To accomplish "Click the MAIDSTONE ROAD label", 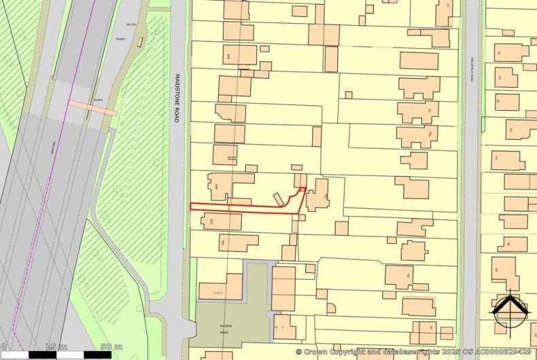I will [175, 98].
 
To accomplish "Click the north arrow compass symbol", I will [510, 310].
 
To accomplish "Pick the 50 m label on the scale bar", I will [106, 348].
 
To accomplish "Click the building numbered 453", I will [221, 221].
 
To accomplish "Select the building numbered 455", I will [237, 242].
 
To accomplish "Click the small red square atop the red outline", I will [303, 190].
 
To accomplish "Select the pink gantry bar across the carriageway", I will [92, 107].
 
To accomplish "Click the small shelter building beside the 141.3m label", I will [140, 41].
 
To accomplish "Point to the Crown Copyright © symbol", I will [298, 352].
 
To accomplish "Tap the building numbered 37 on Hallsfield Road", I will [505, 77].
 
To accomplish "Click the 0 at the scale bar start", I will [3, 348].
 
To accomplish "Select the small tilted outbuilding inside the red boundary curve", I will [279, 199].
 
